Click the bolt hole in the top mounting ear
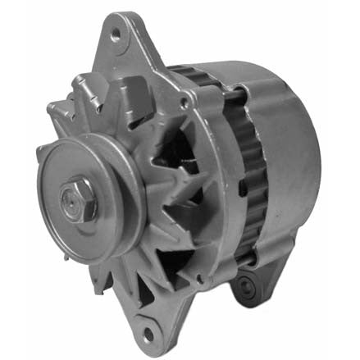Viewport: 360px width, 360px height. (116, 34)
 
